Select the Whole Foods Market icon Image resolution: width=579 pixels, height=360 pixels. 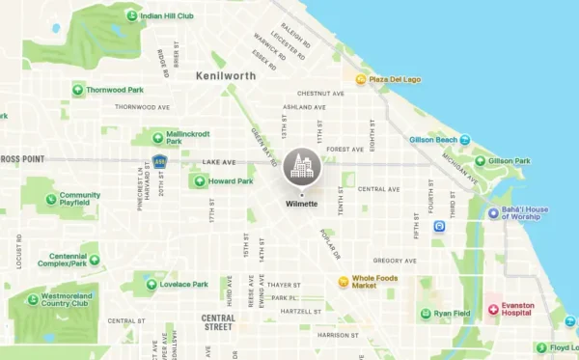(x=343, y=282)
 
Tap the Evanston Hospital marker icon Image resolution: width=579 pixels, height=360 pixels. (x=493, y=309)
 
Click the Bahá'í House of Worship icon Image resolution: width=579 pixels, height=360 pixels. (x=493, y=212)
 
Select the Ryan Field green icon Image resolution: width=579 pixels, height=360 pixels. (x=426, y=314)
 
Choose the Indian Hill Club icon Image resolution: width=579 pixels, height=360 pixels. (x=131, y=16)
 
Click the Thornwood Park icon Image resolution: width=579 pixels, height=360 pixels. (x=77, y=90)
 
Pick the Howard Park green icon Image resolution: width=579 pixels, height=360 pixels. (x=200, y=180)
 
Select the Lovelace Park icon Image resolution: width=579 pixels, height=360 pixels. (x=152, y=284)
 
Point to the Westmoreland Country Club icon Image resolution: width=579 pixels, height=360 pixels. (x=33, y=299)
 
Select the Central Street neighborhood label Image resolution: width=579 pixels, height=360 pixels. (x=217, y=321)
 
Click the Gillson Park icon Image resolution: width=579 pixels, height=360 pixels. (x=480, y=161)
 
